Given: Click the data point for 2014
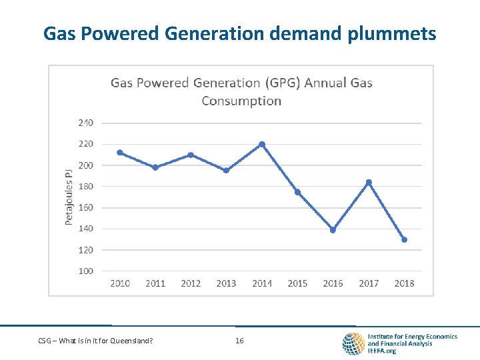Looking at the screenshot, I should click(x=262, y=144).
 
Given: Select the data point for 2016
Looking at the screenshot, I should click(x=333, y=230).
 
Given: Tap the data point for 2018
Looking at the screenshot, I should click(x=404, y=239).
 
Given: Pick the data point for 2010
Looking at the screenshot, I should click(x=120, y=153).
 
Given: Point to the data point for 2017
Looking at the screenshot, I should click(x=369, y=182).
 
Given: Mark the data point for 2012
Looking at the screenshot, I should click(x=191, y=155).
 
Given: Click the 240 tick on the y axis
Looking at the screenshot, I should click(x=85, y=123).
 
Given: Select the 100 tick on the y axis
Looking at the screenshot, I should click(x=85, y=271).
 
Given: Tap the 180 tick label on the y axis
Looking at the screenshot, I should click(x=85, y=186).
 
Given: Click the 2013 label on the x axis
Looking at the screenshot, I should click(x=226, y=283).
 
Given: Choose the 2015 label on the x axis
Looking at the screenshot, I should click(x=297, y=283).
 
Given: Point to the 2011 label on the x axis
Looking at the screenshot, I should click(x=155, y=283).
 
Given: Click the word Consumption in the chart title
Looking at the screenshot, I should click(x=241, y=101).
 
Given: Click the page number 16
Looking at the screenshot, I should click(x=239, y=341).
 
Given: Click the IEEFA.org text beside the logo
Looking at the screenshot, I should click(x=382, y=351).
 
